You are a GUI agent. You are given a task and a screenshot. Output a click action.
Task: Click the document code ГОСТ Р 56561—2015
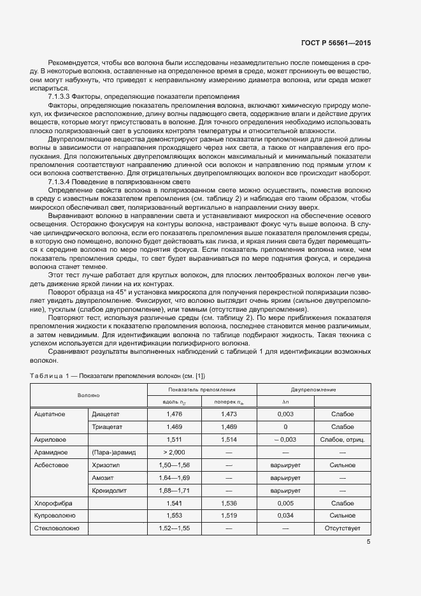pyautogui.click(x=335, y=43)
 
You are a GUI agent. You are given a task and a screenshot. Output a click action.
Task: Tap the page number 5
pyautogui.click(x=368, y=542)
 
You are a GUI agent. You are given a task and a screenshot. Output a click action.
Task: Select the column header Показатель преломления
pyautogui.click(x=202, y=389)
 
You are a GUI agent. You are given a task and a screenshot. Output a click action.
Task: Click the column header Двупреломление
pyautogui.click(x=313, y=389)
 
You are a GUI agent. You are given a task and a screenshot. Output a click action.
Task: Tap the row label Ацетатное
pyautogui.click(x=50, y=414)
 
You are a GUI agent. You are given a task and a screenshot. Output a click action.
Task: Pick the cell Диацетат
pyautogui.click(x=106, y=414)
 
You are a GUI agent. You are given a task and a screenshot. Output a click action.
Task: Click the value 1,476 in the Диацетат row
pyautogui.click(x=174, y=414)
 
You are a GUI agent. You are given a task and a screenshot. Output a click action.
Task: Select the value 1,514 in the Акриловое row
pyautogui.click(x=229, y=439)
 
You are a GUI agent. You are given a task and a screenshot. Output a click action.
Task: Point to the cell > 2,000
pyautogui.click(x=174, y=452)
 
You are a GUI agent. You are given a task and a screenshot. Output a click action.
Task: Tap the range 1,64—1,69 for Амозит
pyautogui.click(x=174, y=477)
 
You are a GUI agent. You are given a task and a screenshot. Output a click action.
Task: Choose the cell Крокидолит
pyautogui.click(x=110, y=490)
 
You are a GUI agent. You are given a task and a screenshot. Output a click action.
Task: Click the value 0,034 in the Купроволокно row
pyautogui.click(x=285, y=515)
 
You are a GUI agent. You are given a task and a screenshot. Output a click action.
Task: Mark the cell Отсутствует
pyautogui.click(x=342, y=528)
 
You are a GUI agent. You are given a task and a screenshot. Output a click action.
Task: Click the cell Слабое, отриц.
pyautogui.click(x=342, y=439)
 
